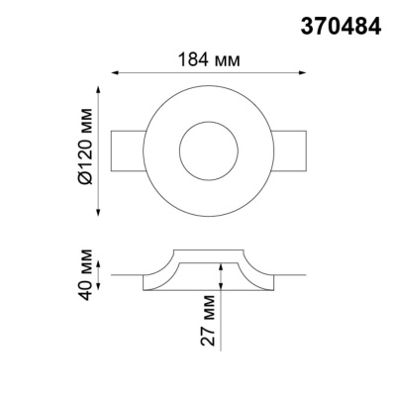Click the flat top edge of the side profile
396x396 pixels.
[207, 251]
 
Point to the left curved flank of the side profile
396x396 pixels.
[161, 271]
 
